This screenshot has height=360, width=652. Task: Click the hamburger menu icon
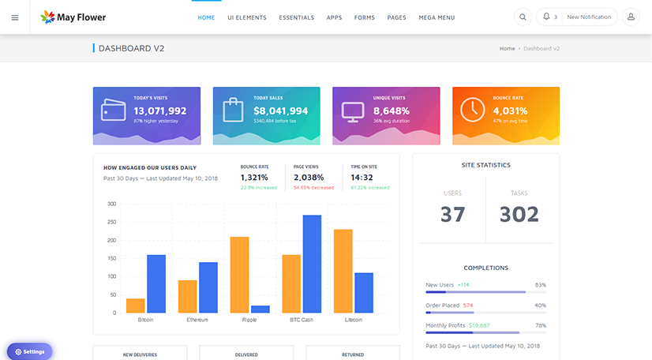(x=15, y=17)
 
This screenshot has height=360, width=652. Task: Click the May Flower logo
(x=73, y=17)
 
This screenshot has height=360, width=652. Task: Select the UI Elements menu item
(x=246, y=17)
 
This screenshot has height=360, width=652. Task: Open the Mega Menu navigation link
(x=437, y=17)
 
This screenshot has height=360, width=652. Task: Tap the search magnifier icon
(x=523, y=17)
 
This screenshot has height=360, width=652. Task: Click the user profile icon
(x=631, y=17)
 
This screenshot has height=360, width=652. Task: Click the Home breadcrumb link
(x=507, y=49)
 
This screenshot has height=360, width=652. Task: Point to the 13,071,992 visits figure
(x=159, y=111)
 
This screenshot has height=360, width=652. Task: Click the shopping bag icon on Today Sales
(x=233, y=110)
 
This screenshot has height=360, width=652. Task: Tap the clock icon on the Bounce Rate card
(x=473, y=110)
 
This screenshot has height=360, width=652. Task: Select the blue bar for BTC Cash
(x=312, y=264)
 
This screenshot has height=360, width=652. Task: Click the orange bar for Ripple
(x=240, y=274)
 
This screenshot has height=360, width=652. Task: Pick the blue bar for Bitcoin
(x=156, y=283)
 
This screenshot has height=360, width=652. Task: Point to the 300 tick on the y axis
(x=111, y=204)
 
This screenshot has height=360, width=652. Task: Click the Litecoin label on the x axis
(x=354, y=320)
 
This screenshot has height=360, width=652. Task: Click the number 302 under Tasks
(x=519, y=214)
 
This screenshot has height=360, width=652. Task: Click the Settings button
(x=30, y=351)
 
